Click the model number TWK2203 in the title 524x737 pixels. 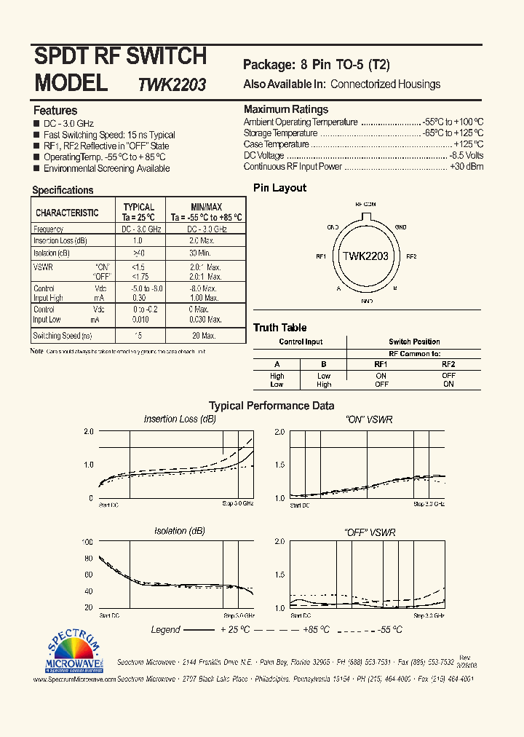[172, 84]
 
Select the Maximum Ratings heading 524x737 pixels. [285, 109]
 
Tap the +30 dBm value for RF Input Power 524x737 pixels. [467, 167]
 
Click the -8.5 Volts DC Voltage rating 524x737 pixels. [467, 156]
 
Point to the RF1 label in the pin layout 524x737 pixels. [320, 256]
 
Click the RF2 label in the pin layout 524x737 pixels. [411, 256]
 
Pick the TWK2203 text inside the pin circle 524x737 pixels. [365, 256]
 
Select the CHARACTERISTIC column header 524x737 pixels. [67, 213]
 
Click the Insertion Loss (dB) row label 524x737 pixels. [60, 240]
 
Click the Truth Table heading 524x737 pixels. [280, 328]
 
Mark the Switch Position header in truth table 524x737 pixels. [414, 342]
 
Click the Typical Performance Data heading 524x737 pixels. [271, 406]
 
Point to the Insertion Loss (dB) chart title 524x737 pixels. [180, 419]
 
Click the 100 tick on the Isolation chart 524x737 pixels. [87, 543]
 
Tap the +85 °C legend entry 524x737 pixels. [315, 629]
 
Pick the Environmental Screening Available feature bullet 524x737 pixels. [106, 168]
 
